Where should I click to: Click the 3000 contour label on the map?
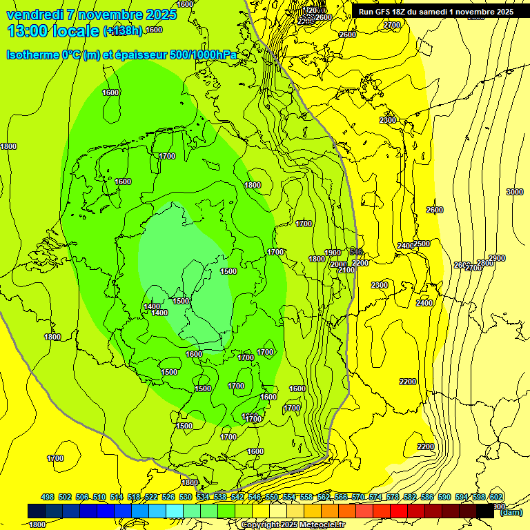point(515,192)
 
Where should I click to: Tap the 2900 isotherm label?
point(497,258)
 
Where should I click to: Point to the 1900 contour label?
point(333,253)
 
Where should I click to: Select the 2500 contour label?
point(422,244)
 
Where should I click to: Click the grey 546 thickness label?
point(356,251)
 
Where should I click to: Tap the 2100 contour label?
point(346,270)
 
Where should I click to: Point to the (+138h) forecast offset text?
point(123,31)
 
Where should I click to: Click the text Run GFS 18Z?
point(386,12)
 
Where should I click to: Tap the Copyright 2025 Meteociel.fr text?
point(293,525)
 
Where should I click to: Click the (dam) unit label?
point(511,511)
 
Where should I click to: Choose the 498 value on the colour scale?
point(48,497)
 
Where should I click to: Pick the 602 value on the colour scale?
point(496,497)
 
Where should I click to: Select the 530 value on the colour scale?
point(186,497)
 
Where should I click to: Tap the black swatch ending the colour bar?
point(485,511)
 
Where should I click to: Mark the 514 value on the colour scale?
point(117,497)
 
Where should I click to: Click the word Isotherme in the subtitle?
point(32,55)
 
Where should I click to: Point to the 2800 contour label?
point(485,263)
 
